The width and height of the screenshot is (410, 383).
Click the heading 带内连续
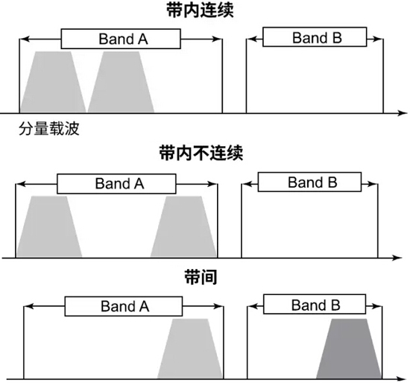tap(200, 10)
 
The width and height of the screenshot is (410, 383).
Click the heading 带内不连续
tap(201, 153)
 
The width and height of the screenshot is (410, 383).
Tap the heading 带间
tap(201, 277)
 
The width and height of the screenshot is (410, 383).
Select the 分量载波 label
tap(49, 129)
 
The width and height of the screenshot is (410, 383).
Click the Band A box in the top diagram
tap(121, 39)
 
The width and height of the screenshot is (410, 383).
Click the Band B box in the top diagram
tap(315, 37)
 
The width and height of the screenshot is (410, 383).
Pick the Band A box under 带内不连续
tap(116, 184)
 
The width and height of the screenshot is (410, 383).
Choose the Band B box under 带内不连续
tap(309, 182)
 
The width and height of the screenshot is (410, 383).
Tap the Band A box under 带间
tap(124, 306)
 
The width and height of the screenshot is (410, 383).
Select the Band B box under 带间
tap(315, 304)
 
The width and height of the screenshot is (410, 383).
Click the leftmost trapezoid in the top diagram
tap(53, 82)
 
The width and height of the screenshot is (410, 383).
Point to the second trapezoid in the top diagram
tap(121, 82)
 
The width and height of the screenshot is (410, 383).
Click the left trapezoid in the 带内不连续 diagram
tap(49, 227)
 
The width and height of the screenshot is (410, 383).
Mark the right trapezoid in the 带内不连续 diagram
tap(184, 227)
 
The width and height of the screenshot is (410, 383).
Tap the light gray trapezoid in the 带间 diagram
tap(190, 349)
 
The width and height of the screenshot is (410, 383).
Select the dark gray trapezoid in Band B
tap(349, 349)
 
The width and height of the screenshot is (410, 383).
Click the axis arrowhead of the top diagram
tap(403, 113)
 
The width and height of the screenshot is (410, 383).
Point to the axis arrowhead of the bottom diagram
tap(401, 379)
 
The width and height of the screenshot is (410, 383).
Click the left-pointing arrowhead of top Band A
tap(24, 39)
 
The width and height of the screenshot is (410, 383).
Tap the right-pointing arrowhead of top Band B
tap(379, 39)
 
